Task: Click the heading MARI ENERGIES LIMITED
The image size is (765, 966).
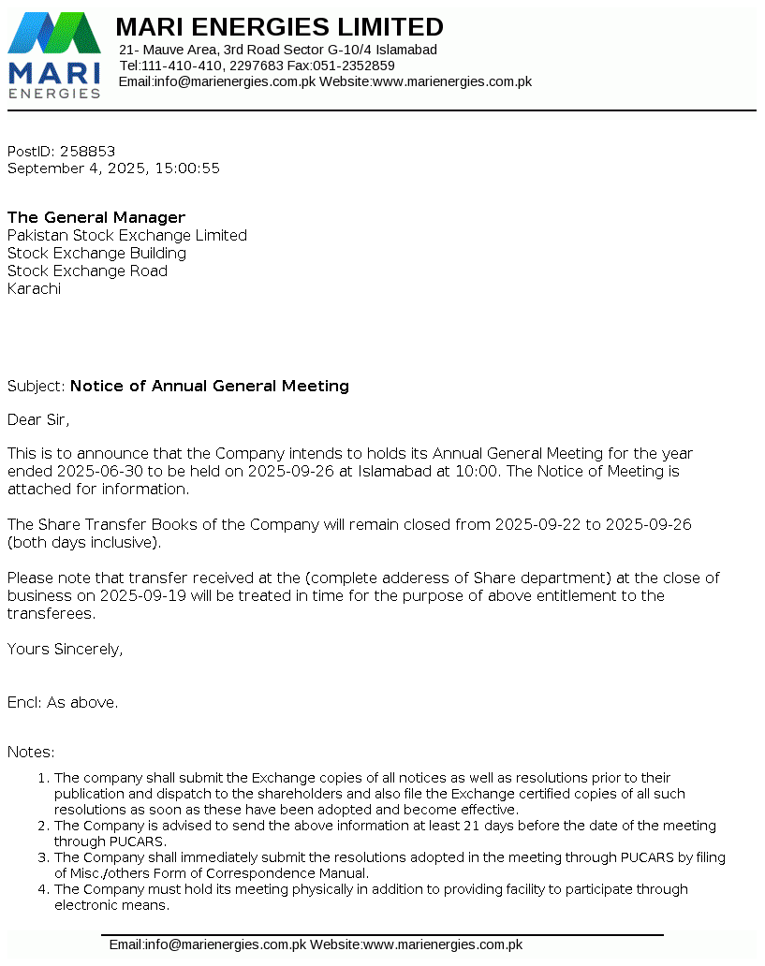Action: point(279,26)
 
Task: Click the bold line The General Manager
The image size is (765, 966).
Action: point(96,217)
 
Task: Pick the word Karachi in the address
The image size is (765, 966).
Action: point(34,288)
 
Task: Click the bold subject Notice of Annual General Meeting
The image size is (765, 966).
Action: point(210,386)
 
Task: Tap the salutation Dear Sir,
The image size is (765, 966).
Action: point(38,419)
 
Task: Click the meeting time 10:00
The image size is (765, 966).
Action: point(476,471)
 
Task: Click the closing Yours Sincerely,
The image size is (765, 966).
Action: point(65,649)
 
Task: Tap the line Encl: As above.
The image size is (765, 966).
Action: point(63,702)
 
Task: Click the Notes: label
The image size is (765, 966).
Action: point(31,752)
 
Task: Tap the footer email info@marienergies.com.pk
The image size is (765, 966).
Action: point(208,944)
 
